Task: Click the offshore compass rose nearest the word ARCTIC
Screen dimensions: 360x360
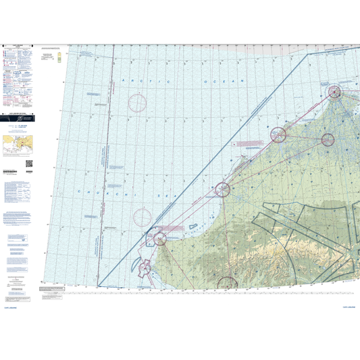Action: coord(137,103)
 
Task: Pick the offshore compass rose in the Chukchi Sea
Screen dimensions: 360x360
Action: coord(143,217)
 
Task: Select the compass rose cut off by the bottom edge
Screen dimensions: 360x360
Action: coord(226,284)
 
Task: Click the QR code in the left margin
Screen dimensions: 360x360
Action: coord(29,163)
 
